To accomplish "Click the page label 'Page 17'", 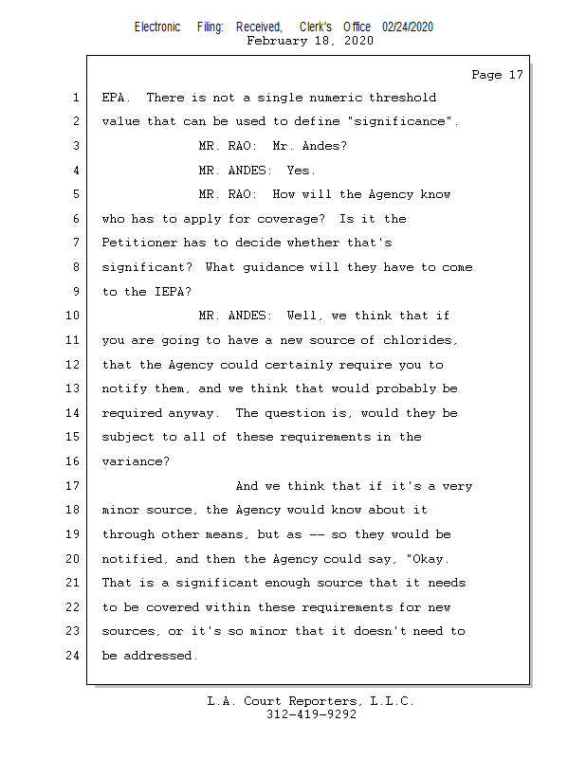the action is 497,75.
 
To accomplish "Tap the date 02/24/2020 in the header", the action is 408,27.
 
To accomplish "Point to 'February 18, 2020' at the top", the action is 310,41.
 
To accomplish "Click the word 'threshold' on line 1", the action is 402,98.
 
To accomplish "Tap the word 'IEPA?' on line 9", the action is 173,292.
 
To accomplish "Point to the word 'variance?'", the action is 136,461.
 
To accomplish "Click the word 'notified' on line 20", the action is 132,559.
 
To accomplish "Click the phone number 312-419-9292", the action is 311,714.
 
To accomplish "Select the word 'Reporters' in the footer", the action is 322,701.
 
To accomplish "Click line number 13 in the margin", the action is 73,388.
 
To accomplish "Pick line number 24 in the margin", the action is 73,656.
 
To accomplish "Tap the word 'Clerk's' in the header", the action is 316,27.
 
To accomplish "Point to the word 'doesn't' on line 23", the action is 380,631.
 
